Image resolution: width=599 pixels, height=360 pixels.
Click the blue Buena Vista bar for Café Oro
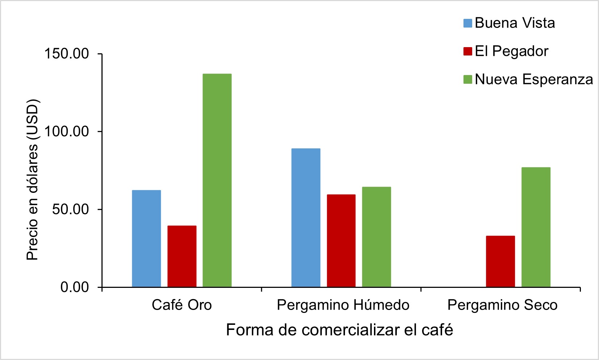146,239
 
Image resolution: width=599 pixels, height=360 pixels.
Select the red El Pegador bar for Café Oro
182,256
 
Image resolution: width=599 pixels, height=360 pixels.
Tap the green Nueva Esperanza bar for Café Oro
217,180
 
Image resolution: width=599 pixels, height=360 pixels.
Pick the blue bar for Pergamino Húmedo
306,218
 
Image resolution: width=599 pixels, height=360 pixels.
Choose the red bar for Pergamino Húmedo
341,241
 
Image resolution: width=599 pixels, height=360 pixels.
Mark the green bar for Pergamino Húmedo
377,237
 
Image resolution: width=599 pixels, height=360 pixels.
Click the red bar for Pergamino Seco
500,261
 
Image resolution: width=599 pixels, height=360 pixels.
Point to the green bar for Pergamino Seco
536,227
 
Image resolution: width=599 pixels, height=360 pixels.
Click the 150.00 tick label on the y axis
66,54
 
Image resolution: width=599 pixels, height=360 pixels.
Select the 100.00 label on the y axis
66,131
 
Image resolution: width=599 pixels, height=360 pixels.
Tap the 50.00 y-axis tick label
70,209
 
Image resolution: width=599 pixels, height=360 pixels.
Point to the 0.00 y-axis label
74,287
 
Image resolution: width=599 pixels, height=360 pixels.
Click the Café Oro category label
182,305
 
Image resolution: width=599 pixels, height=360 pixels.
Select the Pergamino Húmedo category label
343,305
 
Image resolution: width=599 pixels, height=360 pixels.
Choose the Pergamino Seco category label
502,305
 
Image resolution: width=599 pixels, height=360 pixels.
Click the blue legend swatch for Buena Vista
467,23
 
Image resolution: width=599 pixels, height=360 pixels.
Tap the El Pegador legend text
511,51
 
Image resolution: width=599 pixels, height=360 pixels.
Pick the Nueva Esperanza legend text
534,79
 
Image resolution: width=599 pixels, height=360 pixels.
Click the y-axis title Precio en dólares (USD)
33,180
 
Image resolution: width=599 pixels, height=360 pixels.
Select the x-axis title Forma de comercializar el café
340,330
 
